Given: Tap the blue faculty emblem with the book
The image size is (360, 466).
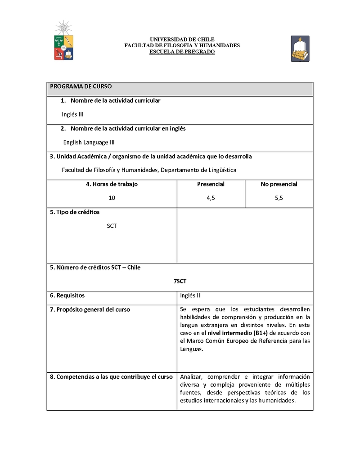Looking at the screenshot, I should pos(300,48).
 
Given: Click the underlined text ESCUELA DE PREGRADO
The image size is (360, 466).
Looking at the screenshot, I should pos(182,52).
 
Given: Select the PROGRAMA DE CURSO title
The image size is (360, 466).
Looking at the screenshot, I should pos(81,86).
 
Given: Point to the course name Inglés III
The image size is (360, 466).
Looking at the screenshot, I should pos(72,114).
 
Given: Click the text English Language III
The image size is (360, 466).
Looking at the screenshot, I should pos(89,142).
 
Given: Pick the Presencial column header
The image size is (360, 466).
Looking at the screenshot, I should pos(211,184).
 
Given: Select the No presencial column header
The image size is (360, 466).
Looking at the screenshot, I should pos(279,184).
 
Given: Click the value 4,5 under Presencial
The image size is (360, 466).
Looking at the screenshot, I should pos(211,198).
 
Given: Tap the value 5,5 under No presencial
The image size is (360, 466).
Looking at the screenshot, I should pos(279,198).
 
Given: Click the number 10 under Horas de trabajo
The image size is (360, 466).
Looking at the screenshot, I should pos(112,198).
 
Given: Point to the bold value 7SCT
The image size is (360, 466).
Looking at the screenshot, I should pos(180,281).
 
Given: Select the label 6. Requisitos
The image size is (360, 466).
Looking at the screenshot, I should pos(67,295).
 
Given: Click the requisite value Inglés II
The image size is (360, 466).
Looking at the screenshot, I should pos(190,295).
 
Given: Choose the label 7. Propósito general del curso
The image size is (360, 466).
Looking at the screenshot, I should pos(90,309).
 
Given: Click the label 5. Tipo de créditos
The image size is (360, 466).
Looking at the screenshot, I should pos(75,212).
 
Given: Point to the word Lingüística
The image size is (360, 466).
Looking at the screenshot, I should pos(221,170).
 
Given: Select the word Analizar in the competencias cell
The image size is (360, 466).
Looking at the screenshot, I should pos(193,376).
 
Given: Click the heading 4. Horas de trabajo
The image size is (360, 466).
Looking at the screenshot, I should pos(112,184).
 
